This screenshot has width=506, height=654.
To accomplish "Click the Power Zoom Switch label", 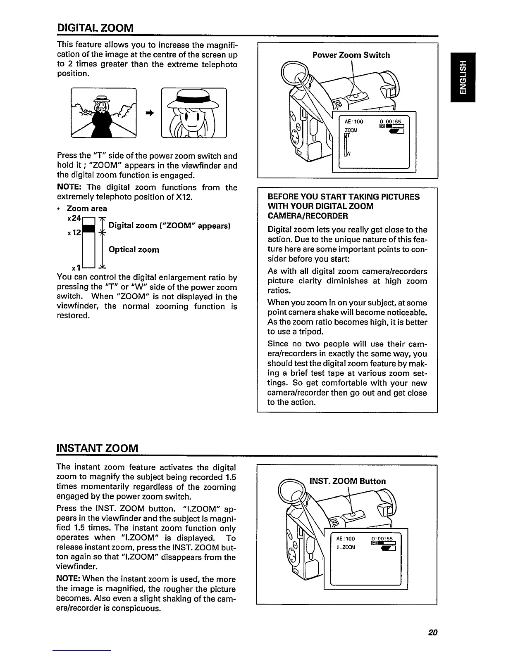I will click(351, 55).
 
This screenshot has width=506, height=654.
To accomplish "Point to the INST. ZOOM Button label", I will click(348, 481).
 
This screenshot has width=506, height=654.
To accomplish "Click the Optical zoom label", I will click(134, 250).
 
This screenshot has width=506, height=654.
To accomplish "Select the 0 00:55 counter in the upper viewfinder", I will click(389, 121).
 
